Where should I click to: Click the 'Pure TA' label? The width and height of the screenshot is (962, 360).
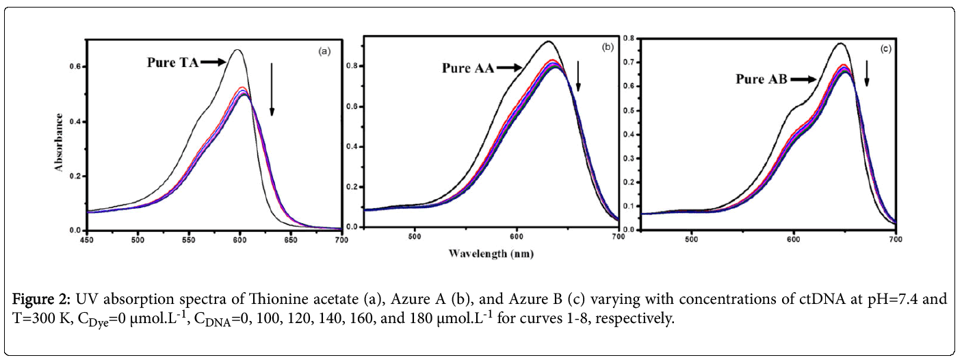tap(172, 62)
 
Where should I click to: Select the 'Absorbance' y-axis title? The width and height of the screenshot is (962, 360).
tap(60, 141)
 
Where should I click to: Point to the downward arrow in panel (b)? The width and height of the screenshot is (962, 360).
tap(578, 76)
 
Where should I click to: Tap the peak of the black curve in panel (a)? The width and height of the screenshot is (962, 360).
tap(237, 50)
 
